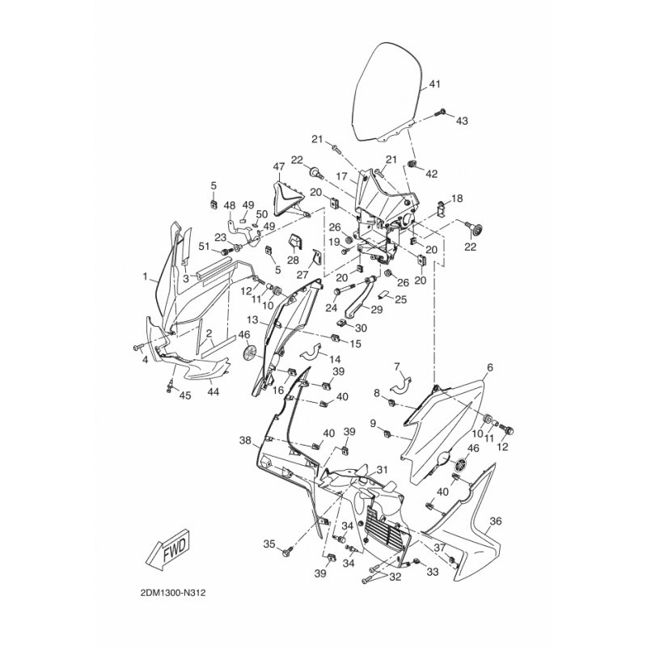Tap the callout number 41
coord(434,84)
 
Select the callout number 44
coord(214,391)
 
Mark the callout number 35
coord(269,543)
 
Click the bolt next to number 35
coord(288,553)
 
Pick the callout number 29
coord(377,310)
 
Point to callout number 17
coord(342,175)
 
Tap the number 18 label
coord(457,198)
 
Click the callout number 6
coord(489,366)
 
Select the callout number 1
coord(146,277)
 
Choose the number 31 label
coord(382,470)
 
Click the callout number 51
coord(204,247)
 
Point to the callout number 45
coord(184,395)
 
